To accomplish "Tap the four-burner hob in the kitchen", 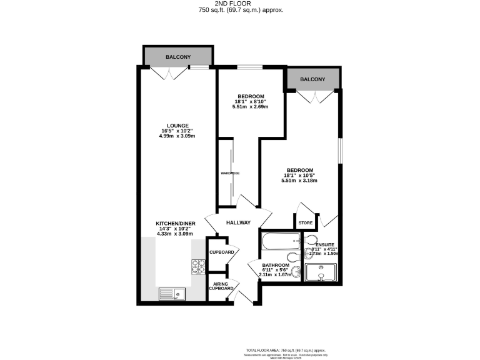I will (197, 267).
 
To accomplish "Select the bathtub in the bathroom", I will (279, 241).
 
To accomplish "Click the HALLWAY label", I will (238, 222).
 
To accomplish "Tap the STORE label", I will (305, 222).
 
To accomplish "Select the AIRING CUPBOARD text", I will (221, 286).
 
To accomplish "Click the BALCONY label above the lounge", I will (178, 57).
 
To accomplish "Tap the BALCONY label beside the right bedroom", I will (312, 79).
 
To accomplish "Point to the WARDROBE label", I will (230, 173).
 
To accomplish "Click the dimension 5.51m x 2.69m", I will (251, 107).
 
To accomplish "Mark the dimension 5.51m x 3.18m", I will (300, 181).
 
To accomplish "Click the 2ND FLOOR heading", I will (241, 4).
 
